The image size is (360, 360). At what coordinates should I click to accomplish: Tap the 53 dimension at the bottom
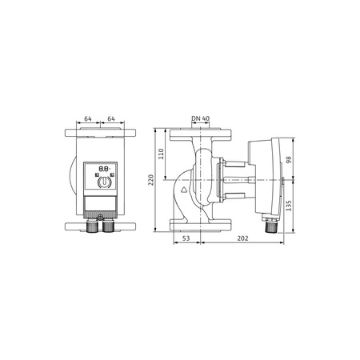[x=185, y=237]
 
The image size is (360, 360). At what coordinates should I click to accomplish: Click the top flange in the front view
[x=99, y=134]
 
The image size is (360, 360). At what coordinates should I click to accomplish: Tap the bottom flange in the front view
[x=99, y=222]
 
